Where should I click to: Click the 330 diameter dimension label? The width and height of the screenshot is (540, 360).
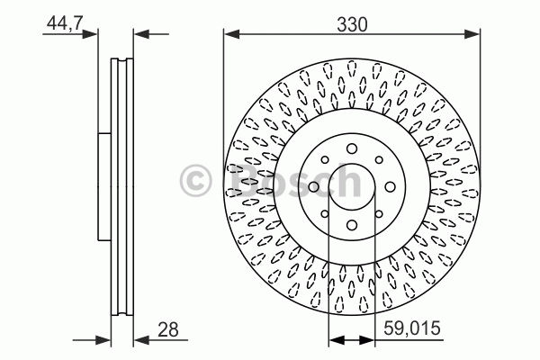click(x=352, y=25)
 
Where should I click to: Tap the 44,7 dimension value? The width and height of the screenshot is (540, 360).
click(x=65, y=23)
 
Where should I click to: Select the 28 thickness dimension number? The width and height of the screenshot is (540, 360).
click(x=168, y=329)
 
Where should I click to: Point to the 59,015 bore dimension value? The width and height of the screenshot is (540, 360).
click(x=412, y=328)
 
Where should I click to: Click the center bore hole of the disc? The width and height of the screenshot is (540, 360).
click(x=352, y=186)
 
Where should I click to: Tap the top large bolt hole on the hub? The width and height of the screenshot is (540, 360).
click(x=352, y=148)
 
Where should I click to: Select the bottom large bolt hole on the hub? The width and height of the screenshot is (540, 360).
click(x=352, y=225)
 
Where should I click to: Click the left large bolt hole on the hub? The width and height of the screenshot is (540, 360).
click(x=314, y=187)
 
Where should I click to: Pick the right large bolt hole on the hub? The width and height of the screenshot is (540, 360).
click(x=390, y=187)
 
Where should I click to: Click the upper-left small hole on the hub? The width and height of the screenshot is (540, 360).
click(x=325, y=160)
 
